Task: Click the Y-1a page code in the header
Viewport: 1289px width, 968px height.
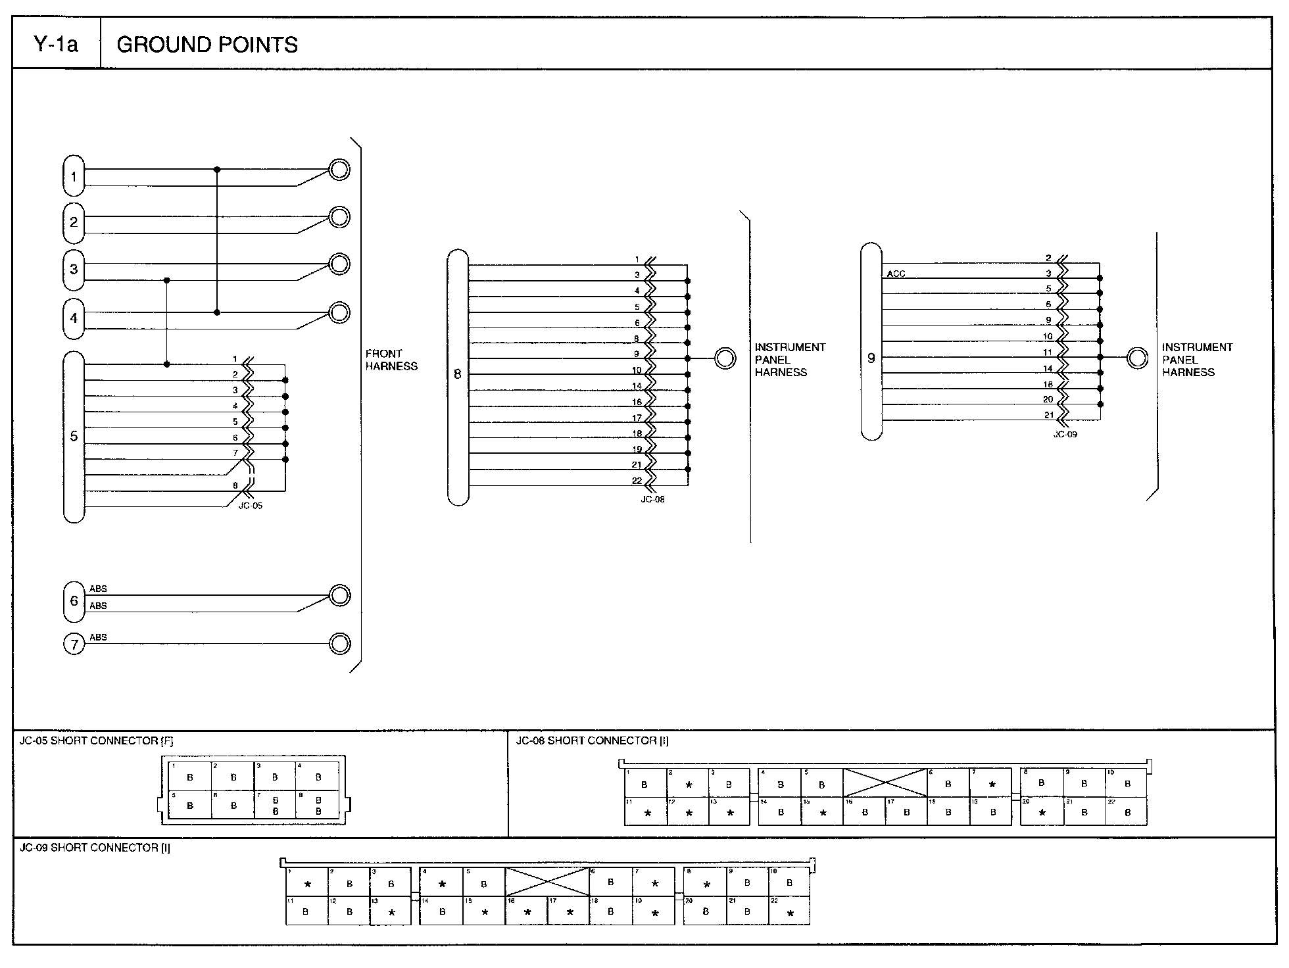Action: [x=56, y=45]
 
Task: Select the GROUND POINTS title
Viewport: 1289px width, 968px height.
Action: [x=207, y=45]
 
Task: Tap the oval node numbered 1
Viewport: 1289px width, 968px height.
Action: [x=74, y=176]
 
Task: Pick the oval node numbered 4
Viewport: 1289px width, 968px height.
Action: [x=74, y=318]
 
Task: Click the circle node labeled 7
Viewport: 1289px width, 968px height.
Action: [x=74, y=644]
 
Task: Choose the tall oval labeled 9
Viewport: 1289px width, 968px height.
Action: [x=871, y=341]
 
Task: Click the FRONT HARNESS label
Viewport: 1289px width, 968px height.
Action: [x=391, y=360]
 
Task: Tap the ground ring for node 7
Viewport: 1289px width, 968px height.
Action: [x=339, y=643]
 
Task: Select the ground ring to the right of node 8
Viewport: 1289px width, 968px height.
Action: [x=725, y=358]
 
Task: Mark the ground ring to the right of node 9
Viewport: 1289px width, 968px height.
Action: [x=1137, y=358]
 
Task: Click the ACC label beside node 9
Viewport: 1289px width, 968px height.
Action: [x=896, y=274]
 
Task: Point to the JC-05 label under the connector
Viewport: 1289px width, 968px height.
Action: [x=250, y=506]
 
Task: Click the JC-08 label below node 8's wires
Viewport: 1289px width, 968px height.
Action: [x=652, y=499]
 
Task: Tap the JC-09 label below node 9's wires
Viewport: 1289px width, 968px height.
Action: [x=1065, y=435]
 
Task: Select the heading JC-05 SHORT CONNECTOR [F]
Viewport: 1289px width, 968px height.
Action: [x=96, y=741]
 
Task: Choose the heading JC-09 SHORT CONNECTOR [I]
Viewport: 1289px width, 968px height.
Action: [x=95, y=848]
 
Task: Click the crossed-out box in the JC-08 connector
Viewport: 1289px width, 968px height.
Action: [x=885, y=783]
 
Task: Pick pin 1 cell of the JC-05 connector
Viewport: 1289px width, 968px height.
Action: [x=190, y=776]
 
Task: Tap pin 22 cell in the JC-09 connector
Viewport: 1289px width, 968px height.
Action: [x=789, y=911]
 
